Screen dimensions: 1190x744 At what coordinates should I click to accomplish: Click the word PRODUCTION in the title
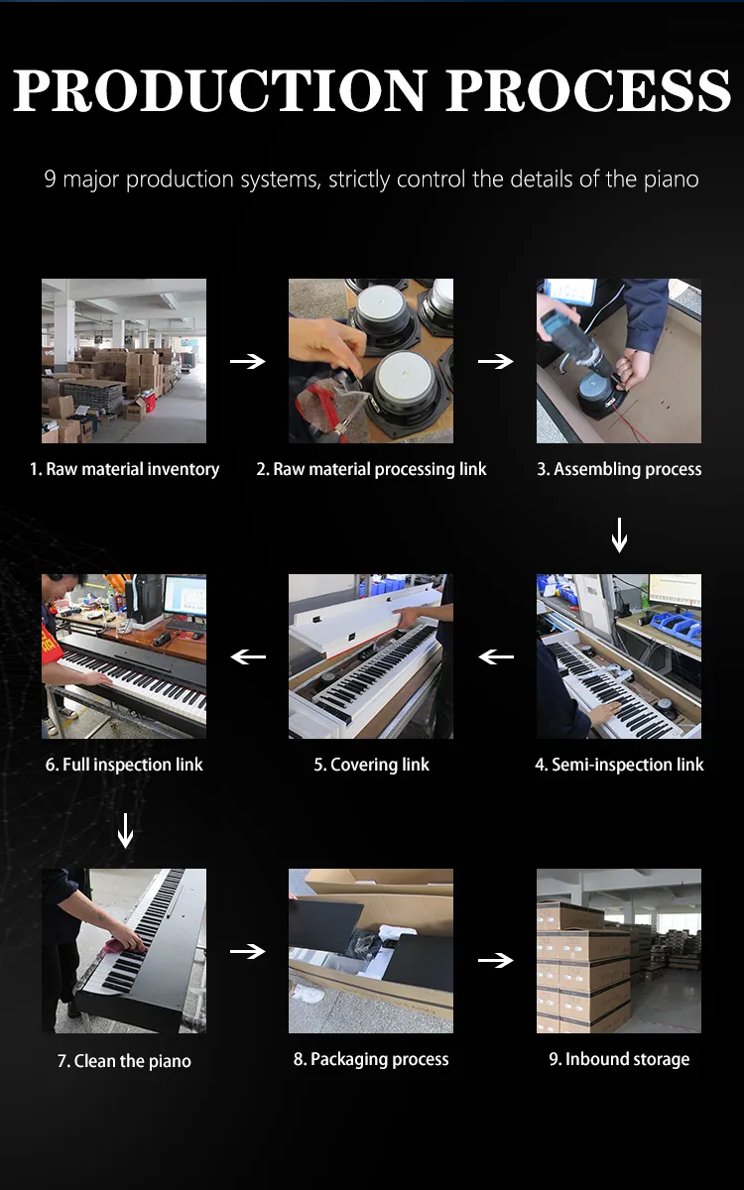click(x=220, y=91)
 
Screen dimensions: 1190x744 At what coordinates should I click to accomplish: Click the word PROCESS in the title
click(x=588, y=91)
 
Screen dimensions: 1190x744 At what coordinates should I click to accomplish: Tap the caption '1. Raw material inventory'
click(x=124, y=469)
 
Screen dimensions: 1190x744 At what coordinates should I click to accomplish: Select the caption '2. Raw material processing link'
click(x=371, y=469)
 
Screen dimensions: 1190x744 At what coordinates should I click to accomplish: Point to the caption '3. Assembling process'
click(x=619, y=469)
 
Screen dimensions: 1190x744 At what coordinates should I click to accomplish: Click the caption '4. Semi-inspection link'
click(x=619, y=765)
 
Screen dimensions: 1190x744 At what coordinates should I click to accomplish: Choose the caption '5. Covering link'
click(x=371, y=765)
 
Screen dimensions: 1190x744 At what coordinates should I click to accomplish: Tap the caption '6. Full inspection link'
click(x=124, y=765)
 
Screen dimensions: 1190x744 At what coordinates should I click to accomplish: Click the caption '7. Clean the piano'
click(x=124, y=1061)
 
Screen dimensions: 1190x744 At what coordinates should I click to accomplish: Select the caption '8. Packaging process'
click(x=371, y=1059)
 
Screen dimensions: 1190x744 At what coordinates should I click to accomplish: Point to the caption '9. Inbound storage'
click(x=619, y=1059)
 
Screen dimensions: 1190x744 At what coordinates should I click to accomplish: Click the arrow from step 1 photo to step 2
click(x=247, y=362)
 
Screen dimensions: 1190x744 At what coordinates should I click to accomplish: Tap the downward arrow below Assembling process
click(x=619, y=535)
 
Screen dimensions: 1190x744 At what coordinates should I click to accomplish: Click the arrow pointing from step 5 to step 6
click(x=248, y=656)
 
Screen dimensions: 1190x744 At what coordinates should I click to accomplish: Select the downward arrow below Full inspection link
click(x=125, y=830)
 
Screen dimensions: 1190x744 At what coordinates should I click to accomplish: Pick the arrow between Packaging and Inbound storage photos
click(x=495, y=960)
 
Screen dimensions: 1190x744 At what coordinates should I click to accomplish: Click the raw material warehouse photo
click(x=124, y=361)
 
